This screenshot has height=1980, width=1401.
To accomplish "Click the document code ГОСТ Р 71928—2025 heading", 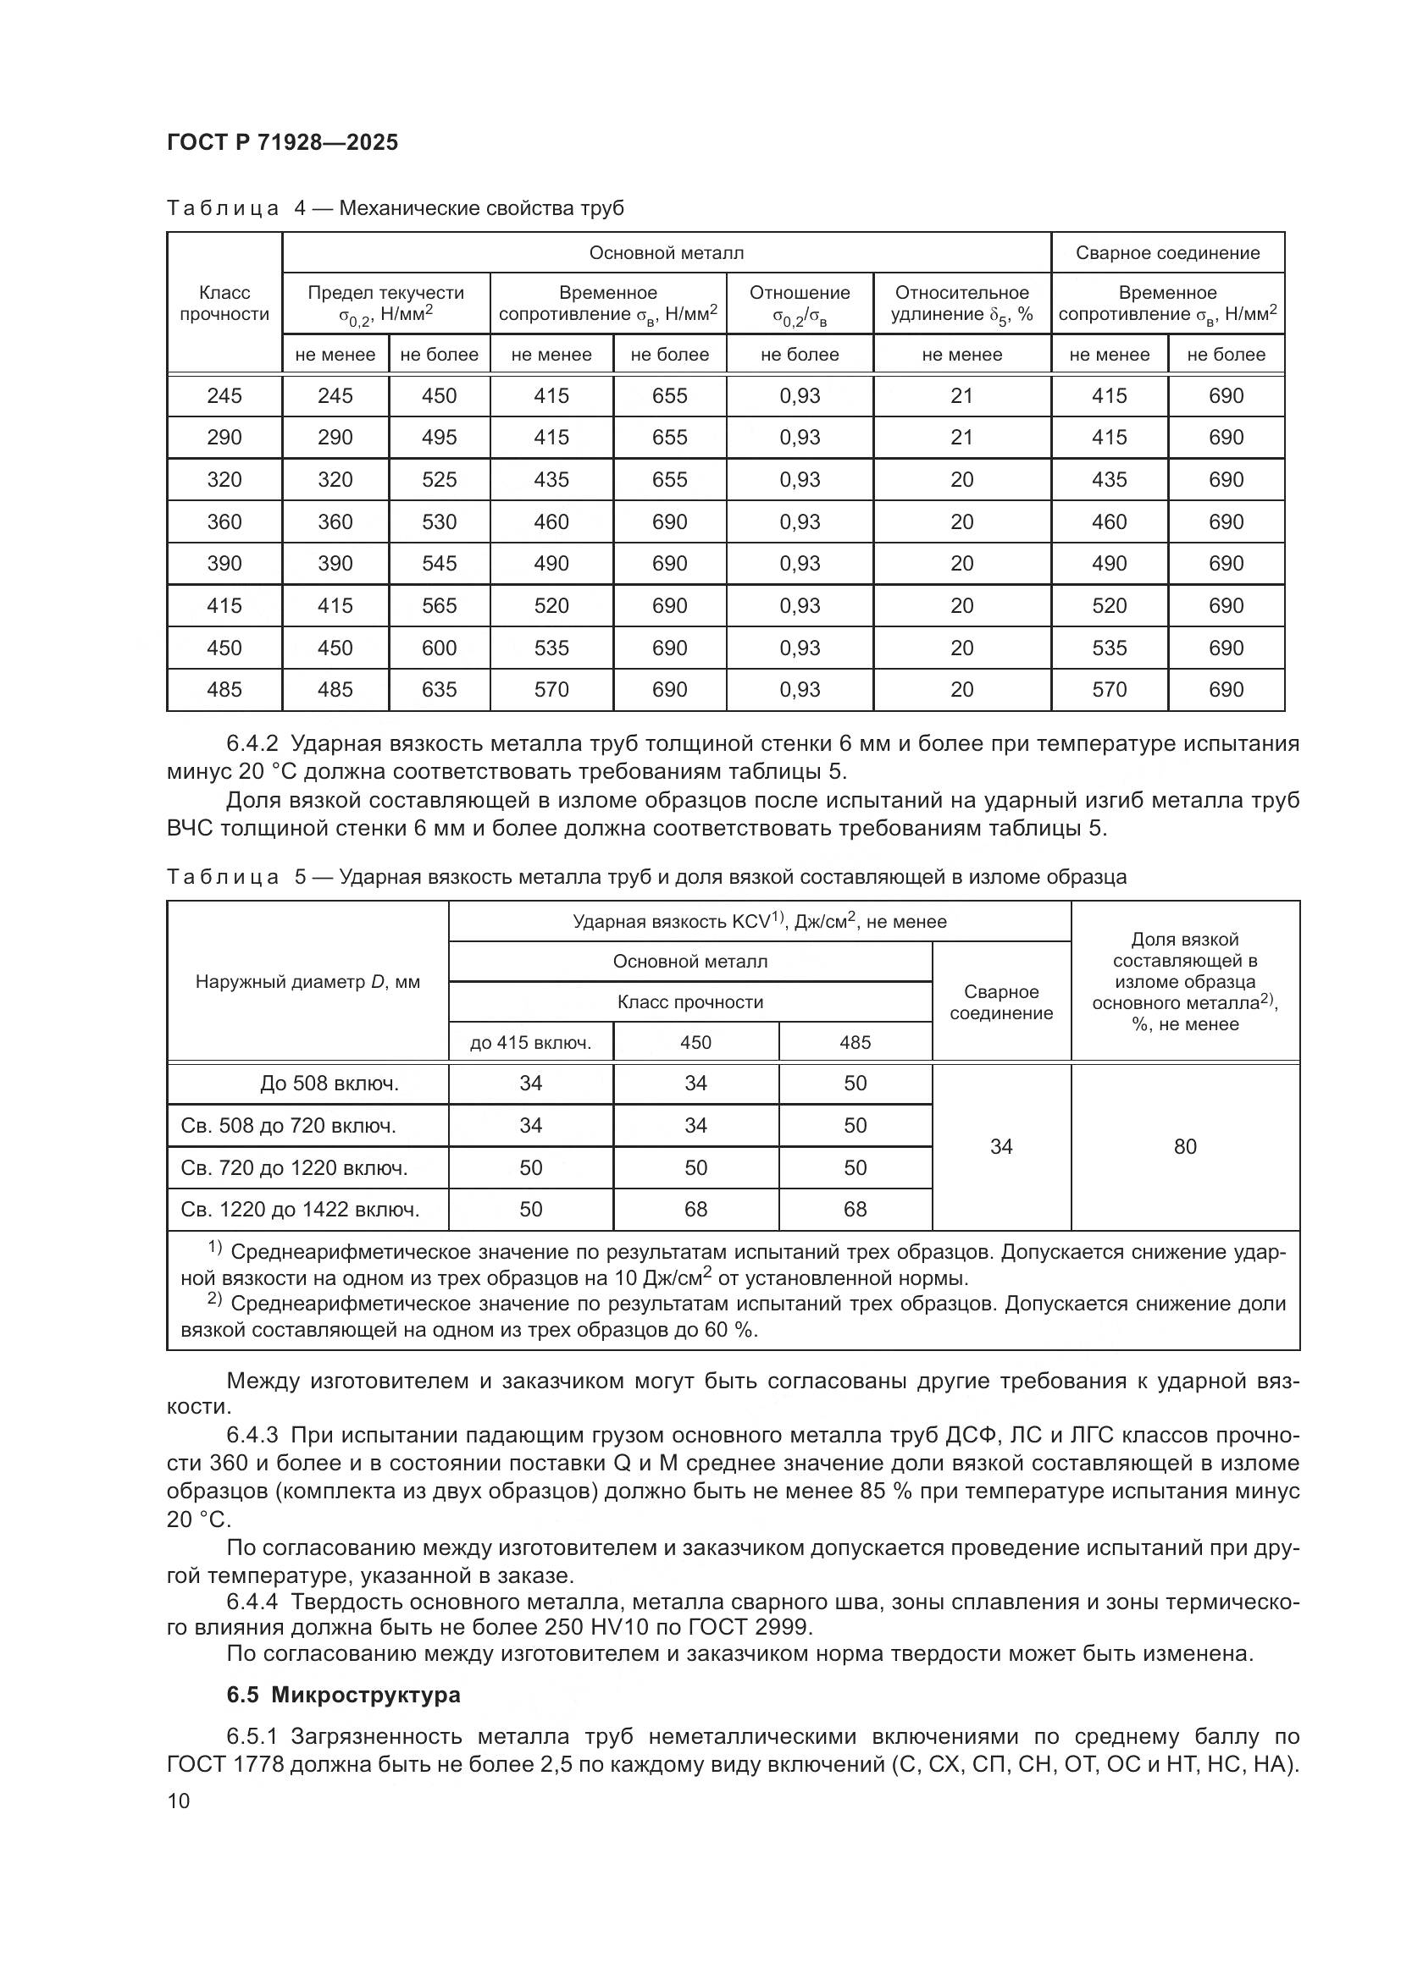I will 282,142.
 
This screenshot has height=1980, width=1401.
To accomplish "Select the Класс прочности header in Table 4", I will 224,304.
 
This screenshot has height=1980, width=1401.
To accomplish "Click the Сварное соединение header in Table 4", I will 1167,252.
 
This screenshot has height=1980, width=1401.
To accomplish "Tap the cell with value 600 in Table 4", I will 439,648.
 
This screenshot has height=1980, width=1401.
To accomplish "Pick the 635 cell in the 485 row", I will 439,689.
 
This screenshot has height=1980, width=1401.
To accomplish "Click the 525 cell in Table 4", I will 439,479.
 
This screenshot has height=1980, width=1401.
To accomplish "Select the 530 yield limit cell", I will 439,521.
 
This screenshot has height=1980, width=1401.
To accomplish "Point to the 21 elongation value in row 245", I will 962,396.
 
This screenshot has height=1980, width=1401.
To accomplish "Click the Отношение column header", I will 800,304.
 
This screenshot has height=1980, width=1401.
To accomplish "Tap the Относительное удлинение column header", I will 962,304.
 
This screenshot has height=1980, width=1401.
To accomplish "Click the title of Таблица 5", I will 646,877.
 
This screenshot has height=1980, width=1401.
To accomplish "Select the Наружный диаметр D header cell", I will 308,981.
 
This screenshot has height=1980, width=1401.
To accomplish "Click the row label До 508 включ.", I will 329,1084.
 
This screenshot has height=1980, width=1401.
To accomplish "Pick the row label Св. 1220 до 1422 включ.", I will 300,1209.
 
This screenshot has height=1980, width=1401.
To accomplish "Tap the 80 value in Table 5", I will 1184,1146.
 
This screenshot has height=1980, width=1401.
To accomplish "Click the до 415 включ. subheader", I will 530,1043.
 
